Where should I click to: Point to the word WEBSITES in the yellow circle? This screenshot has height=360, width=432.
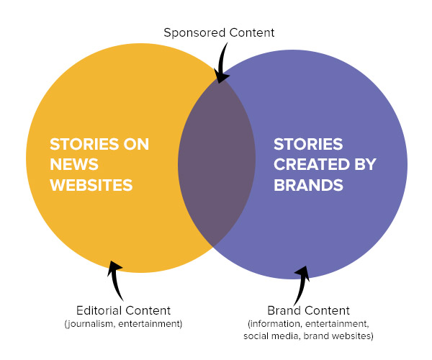click(91, 185)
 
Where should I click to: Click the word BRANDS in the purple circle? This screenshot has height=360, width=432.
click(307, 185)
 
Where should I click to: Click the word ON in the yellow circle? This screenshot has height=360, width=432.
click(135, 143)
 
